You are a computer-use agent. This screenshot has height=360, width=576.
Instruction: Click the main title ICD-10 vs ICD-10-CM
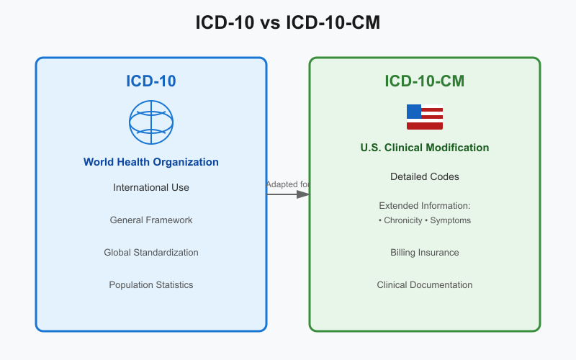tap(288, 23)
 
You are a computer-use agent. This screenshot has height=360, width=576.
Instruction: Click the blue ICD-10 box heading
tap(151, 81)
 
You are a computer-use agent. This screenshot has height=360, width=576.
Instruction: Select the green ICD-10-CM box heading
tap(425, 81)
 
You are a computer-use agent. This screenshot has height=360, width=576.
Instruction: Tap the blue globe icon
tap(151, 122)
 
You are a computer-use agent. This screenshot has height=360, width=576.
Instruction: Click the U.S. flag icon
tap(425, 117)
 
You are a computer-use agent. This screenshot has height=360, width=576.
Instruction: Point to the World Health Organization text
tap(151, 162)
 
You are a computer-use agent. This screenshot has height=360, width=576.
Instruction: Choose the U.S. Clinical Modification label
tap(425, 148)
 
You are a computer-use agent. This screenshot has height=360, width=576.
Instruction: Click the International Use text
tap(151, 187)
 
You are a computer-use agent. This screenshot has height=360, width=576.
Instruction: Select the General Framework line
tap(151, 220)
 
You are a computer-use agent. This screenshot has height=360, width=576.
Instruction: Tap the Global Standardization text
tap(151, 252)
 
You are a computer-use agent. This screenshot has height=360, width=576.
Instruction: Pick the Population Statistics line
tap(151, 284)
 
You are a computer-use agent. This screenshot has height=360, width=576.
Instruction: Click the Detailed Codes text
tap(425, 176)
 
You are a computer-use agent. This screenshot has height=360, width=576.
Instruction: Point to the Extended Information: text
tap(425, 205)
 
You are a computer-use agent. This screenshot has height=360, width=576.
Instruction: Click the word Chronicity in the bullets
tap(402, 220)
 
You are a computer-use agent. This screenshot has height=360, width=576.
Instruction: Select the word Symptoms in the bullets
tap(451, 220)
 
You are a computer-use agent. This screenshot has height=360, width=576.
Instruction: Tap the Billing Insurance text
tap(425, 252)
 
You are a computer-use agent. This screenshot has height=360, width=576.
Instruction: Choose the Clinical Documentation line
tap(425, 284)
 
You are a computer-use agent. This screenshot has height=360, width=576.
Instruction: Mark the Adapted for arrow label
tap(287, 184)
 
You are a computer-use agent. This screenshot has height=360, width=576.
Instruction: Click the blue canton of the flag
tap(414, 111)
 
